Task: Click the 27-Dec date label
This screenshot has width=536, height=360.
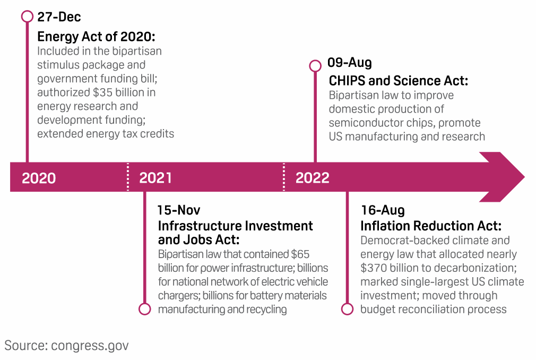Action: [x=59, y=17]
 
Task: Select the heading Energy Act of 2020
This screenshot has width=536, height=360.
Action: [x=96, y=36]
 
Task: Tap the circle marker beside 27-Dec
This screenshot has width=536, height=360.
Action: [x=27, y=16]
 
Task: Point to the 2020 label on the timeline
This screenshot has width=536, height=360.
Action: [x=39, y=178]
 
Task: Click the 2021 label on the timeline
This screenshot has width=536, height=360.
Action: [x=155, y=178]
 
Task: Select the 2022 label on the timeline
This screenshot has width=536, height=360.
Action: [x=313, y=178]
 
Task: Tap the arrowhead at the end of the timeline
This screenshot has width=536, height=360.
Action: [x=503, y=177]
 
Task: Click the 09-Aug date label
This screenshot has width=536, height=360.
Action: [x=349, y=62]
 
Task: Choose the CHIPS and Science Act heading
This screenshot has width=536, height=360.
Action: [x=398, y=81]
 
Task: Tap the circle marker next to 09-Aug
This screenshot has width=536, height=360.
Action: [x=315, y=66]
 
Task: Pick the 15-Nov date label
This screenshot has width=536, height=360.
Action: [x=178, y=210]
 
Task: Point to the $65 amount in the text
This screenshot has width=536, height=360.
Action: [x=300, y=254]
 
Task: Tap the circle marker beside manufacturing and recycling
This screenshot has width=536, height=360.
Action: [x=144, y=308]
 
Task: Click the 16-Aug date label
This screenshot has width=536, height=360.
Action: [x=383, y=210]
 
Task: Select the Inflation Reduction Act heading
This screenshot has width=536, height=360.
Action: [x=431, y=226]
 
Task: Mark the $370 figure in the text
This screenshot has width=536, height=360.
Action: [x=373, y=268]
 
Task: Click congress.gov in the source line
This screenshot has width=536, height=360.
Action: [x=90, y=346]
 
